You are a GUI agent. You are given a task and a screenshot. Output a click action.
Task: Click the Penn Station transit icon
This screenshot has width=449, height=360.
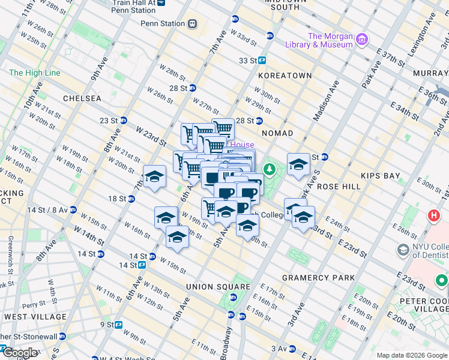point(192,24)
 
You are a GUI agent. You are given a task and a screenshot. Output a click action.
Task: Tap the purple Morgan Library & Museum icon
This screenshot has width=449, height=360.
point(361,41)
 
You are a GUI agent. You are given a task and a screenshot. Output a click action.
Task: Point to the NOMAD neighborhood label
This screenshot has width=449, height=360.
point(277,133)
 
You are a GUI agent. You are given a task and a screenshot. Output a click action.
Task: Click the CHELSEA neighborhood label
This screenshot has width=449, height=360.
point(82,98)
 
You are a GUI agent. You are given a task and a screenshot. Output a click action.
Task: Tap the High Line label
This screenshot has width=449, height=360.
point(35,73)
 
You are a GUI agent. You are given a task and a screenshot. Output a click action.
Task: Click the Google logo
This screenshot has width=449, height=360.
point(20,353)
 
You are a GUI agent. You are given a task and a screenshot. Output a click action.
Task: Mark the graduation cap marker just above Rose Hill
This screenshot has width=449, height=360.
point(298,165)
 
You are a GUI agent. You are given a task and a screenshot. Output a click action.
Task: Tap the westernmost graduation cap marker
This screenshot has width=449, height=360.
point(154,176)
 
